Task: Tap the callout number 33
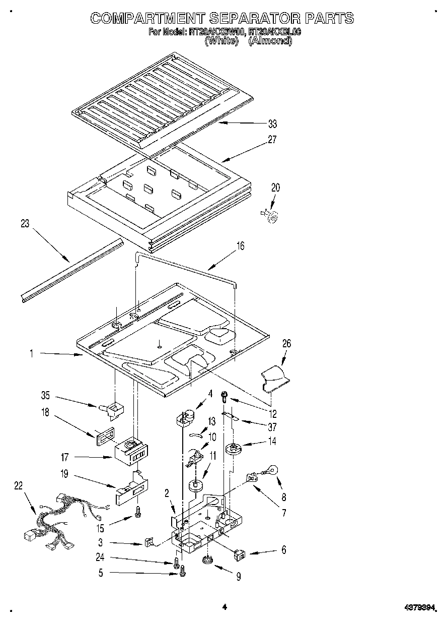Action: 272,123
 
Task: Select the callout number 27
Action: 272,140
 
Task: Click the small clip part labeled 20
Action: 272,216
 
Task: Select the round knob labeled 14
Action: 233,448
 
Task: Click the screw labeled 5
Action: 182,571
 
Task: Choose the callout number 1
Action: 31,354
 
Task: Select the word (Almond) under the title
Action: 270,41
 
